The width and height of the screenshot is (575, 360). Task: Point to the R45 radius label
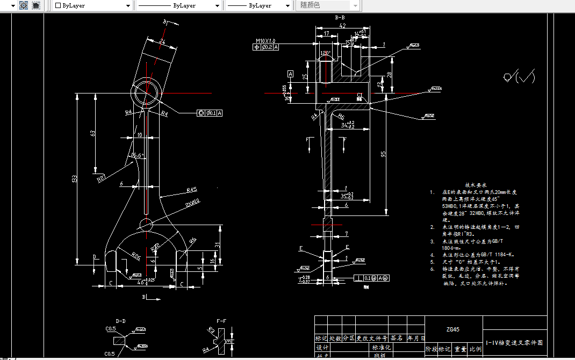tap(191, 190)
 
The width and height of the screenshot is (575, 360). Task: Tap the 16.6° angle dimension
tap(138, 156)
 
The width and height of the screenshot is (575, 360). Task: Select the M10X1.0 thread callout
tap(265, 40)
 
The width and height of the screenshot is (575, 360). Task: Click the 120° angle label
tap(325, 53)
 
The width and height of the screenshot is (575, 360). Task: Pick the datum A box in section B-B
tap(291, 73)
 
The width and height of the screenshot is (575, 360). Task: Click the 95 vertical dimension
tap(383, 154)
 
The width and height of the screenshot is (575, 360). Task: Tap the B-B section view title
tap(340, 18)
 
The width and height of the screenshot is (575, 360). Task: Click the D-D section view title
tap(120, 321)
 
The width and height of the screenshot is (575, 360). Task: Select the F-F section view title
tap(221, 321)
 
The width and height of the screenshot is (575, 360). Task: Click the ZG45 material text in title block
tap(453, 329)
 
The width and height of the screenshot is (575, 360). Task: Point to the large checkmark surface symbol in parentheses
tap(519, 77)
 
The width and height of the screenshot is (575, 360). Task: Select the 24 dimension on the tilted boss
tap(162, 41)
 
